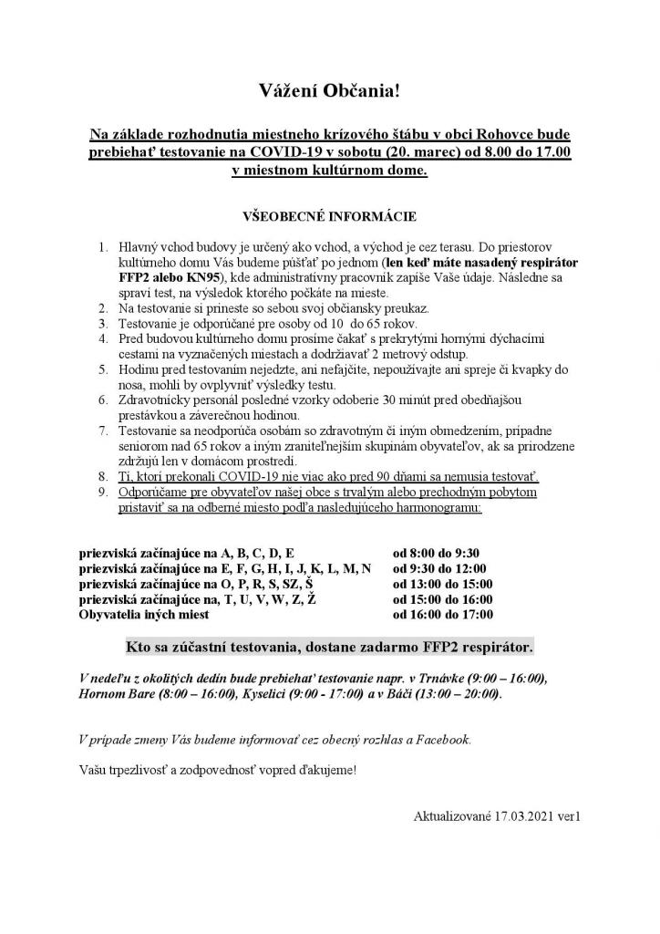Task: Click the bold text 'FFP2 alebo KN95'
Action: point(163,276)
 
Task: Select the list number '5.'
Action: point(103,369)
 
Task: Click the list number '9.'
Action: point(103,492)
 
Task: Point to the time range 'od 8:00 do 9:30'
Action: point(436,553)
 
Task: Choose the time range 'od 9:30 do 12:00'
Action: point(439,568)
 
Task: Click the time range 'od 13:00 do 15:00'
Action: point(442,584)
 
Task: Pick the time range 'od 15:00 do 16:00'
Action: point(442,599)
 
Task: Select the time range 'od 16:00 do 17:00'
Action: point(442,615)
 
